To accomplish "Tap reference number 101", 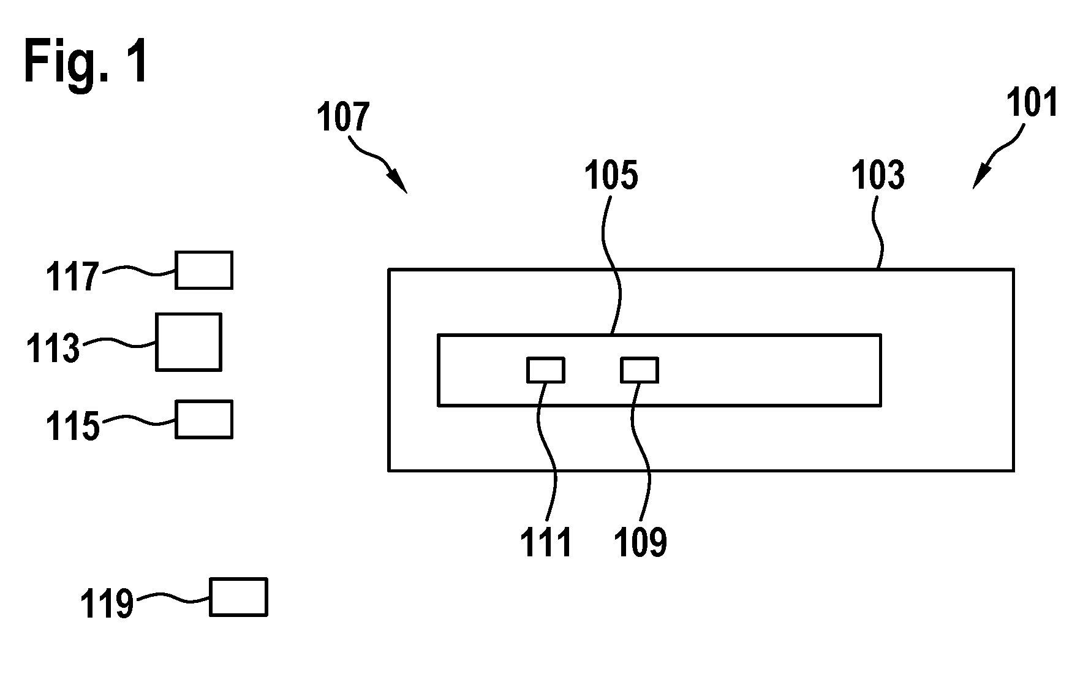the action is coord(1033,102).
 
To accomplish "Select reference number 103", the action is coord(878,176).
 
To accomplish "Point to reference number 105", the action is coord(611,176).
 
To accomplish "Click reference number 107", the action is coord(344,117).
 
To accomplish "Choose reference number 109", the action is coord(640,542).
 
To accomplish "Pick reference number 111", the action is coord(546,542).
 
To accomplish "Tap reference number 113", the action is coord(53,348).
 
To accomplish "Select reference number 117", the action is coord(73,276).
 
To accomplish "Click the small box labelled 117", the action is coord(204,270).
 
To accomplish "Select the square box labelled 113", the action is coord(189,342).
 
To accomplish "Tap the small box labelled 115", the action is coord(204,419).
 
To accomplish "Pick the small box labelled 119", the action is coord(238,597).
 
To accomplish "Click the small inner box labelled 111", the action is coord(546,370).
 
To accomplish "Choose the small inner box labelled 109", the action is coord(640,370).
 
